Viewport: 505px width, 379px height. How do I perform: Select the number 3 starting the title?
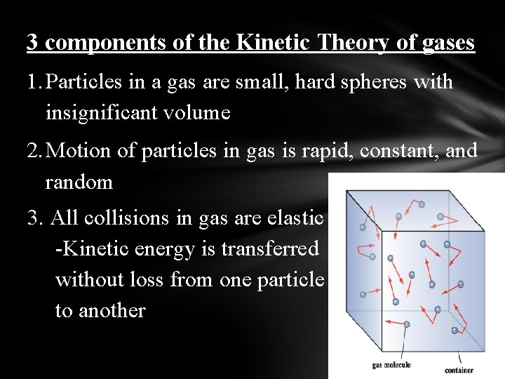[32, 43]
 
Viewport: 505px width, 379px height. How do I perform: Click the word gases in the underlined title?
[447, 43]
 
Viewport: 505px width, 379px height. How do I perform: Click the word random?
[79, 182]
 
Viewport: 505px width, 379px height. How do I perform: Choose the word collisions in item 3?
[128, 218]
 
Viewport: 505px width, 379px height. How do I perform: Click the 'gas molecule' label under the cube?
[391, 365]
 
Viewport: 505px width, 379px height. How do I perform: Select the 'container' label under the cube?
[459, 369]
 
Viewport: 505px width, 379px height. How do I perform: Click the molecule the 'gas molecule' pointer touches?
[406, 324]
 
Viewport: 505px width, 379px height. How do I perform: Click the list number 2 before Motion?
[34, 151]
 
